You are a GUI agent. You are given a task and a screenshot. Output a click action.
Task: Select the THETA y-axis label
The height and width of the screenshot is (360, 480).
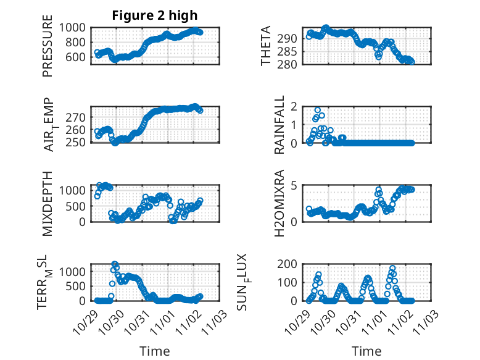click(266, 46)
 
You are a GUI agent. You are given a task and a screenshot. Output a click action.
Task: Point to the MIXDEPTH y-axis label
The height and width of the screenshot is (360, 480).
click(48, 203)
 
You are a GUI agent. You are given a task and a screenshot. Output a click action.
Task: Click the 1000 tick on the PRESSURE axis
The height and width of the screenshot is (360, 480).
click(76, 27)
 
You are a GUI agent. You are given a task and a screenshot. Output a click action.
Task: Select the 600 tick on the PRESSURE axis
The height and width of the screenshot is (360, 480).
click(80, 57)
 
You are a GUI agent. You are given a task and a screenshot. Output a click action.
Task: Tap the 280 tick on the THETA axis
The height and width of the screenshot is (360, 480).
click(293, 64)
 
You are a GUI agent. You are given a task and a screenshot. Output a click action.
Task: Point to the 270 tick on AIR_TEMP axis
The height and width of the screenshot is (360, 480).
click(80, 117)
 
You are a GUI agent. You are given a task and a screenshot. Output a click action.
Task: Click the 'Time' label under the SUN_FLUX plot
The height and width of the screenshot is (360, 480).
click(366, 351)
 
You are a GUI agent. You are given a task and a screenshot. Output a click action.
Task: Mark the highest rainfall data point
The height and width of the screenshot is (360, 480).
click(318, 110)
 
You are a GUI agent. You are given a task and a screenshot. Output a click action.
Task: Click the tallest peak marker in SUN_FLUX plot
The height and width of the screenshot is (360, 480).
click(392, 269)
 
